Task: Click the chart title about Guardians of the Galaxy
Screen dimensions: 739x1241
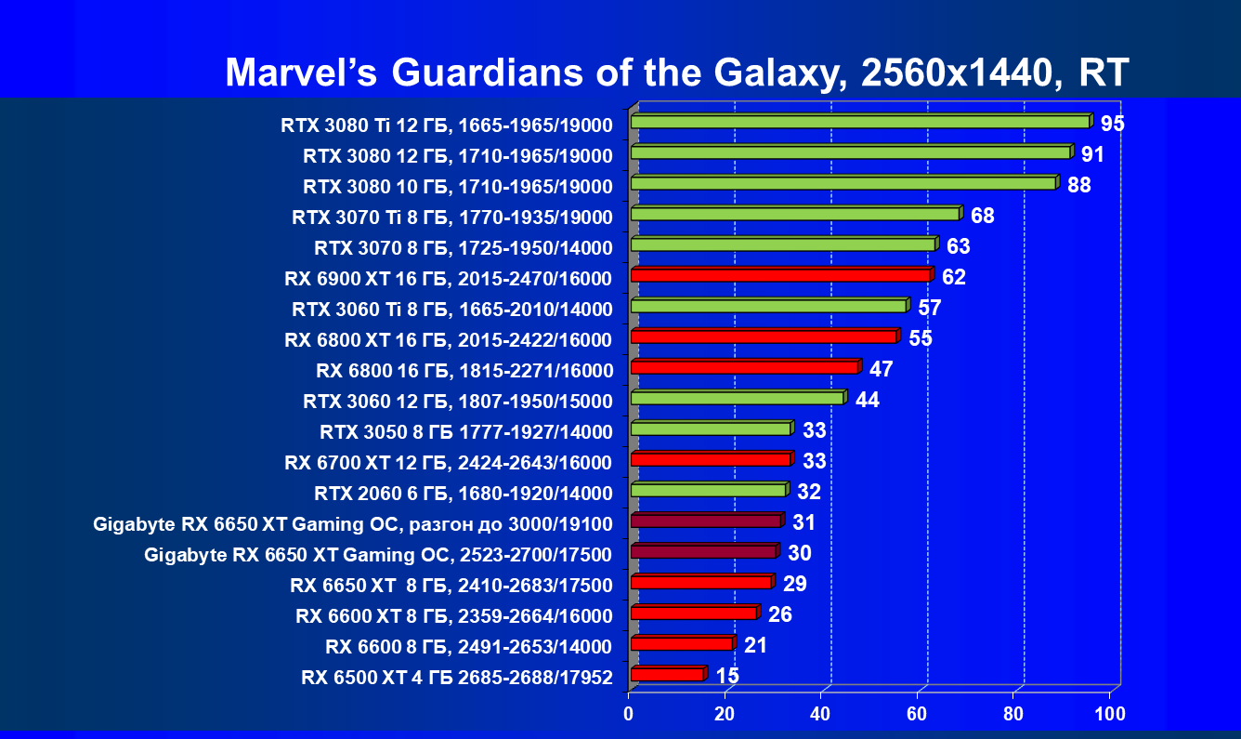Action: (x=676, y=73)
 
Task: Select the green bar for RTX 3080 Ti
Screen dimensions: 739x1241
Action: (x=859, y=122)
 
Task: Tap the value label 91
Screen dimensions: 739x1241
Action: (x=1092, y=153)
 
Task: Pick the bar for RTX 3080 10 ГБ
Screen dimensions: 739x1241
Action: (x=843, y=183)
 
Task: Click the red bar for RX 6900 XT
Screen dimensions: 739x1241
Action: (x=780, y=275)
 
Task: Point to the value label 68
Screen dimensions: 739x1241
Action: (x=983, y=216)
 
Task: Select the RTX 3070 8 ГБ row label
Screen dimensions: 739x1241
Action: (x=464, y=248)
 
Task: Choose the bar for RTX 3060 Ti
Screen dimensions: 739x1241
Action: (x=768, y=306)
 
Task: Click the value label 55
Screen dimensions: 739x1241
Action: (x=921, y=337)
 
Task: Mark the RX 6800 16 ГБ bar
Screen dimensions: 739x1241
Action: (x=744, y=367)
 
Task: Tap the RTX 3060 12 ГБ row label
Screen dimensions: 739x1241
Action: (x=458, y=402)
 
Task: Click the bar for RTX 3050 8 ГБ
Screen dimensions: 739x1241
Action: (x=710, y=429)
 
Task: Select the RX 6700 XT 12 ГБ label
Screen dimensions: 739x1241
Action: (x=449, y=463)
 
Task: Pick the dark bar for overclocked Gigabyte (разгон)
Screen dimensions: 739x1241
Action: (x=705, y=521)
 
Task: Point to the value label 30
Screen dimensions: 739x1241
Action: (x=800, y=553)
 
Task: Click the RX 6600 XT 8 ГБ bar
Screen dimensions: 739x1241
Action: (x=693, y=613)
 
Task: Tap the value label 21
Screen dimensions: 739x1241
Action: (x=755, y=644)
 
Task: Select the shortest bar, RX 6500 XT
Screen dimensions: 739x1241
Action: (x=667, y=674)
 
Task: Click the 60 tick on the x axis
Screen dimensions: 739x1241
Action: (x=917, y=714)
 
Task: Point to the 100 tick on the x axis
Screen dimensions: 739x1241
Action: (x=1109, y=714)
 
